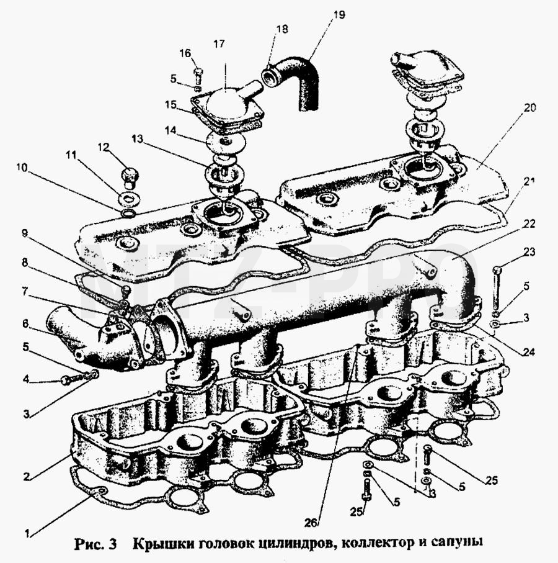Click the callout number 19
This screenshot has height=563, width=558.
point(339,15)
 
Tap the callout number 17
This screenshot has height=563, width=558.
point(219,44)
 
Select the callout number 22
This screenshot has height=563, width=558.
point(529,224)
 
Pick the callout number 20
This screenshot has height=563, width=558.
point(529,108)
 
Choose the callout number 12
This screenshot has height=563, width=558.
point(104,147)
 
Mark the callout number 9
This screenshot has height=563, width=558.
point(24,233)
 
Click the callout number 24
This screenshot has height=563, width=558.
point(529,352)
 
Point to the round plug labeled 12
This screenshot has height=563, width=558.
point(130,177)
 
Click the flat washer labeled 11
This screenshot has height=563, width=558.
point(129,198)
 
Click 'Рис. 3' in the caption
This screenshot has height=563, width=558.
point(95,544)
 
